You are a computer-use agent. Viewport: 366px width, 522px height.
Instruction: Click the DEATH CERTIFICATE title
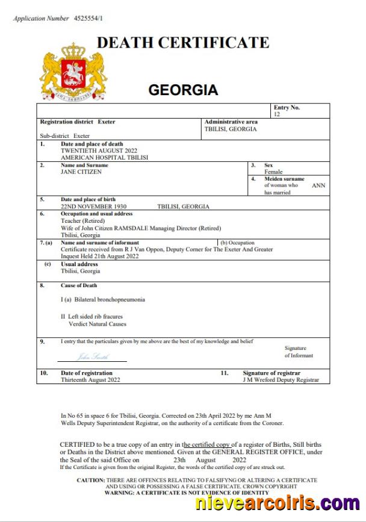(183, 43)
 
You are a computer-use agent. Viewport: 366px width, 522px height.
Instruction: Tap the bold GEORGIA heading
(183, 90)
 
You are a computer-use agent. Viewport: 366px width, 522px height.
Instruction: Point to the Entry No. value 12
(277, 114)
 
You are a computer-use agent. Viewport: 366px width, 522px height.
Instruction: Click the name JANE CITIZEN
(81, 172)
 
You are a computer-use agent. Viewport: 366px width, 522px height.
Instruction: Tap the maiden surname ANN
(318, 185)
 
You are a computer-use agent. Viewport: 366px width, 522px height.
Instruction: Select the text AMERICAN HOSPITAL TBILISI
(104, 157)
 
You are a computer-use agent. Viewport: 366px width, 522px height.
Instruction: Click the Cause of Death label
(78, 285)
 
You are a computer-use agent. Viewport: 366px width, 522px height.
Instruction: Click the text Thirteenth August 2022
(90, 380)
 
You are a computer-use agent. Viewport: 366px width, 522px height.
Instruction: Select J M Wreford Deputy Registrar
(281, 380)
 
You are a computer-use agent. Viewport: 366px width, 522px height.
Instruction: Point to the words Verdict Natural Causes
(98, 324)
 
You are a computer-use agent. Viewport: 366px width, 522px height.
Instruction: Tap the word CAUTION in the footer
(91, 480)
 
